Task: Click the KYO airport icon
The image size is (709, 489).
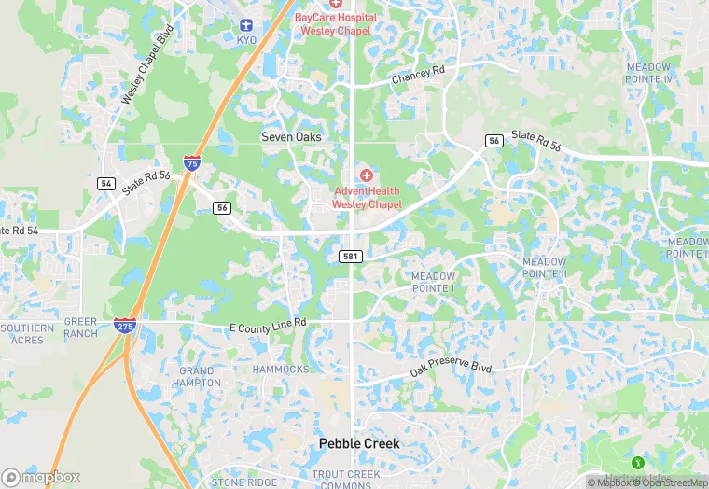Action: point(246,25)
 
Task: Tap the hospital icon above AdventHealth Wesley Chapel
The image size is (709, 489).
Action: point(366,175)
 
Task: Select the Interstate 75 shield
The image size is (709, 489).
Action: point(191,163)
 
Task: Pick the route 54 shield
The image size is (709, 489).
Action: point(105,184)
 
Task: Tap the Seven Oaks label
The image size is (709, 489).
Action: point(291,137)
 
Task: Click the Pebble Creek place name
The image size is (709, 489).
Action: point(359,443)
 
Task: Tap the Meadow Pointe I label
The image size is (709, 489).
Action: point(433,283)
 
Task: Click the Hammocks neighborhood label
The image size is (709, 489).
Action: point(281,370)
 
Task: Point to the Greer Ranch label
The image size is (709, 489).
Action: point(80,328)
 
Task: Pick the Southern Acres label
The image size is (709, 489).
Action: point(27,334)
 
